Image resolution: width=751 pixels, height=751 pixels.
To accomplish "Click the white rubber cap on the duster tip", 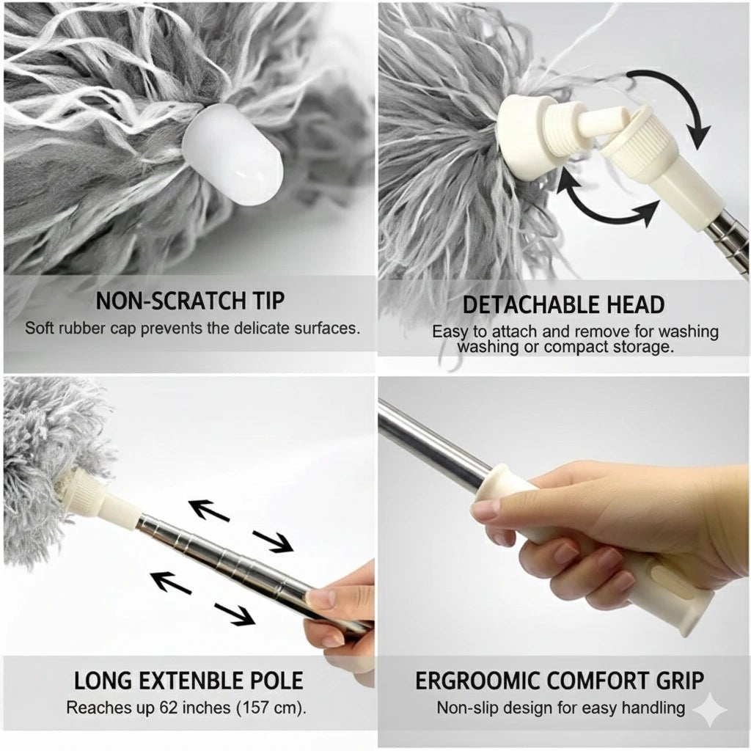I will [232, 155].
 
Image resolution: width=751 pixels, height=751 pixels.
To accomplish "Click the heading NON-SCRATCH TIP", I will [190, 301].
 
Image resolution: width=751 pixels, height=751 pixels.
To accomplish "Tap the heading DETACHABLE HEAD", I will [563, 304].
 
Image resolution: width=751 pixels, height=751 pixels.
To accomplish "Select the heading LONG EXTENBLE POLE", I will [188, 680].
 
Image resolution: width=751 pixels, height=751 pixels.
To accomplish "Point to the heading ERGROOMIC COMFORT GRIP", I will [560, 680].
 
